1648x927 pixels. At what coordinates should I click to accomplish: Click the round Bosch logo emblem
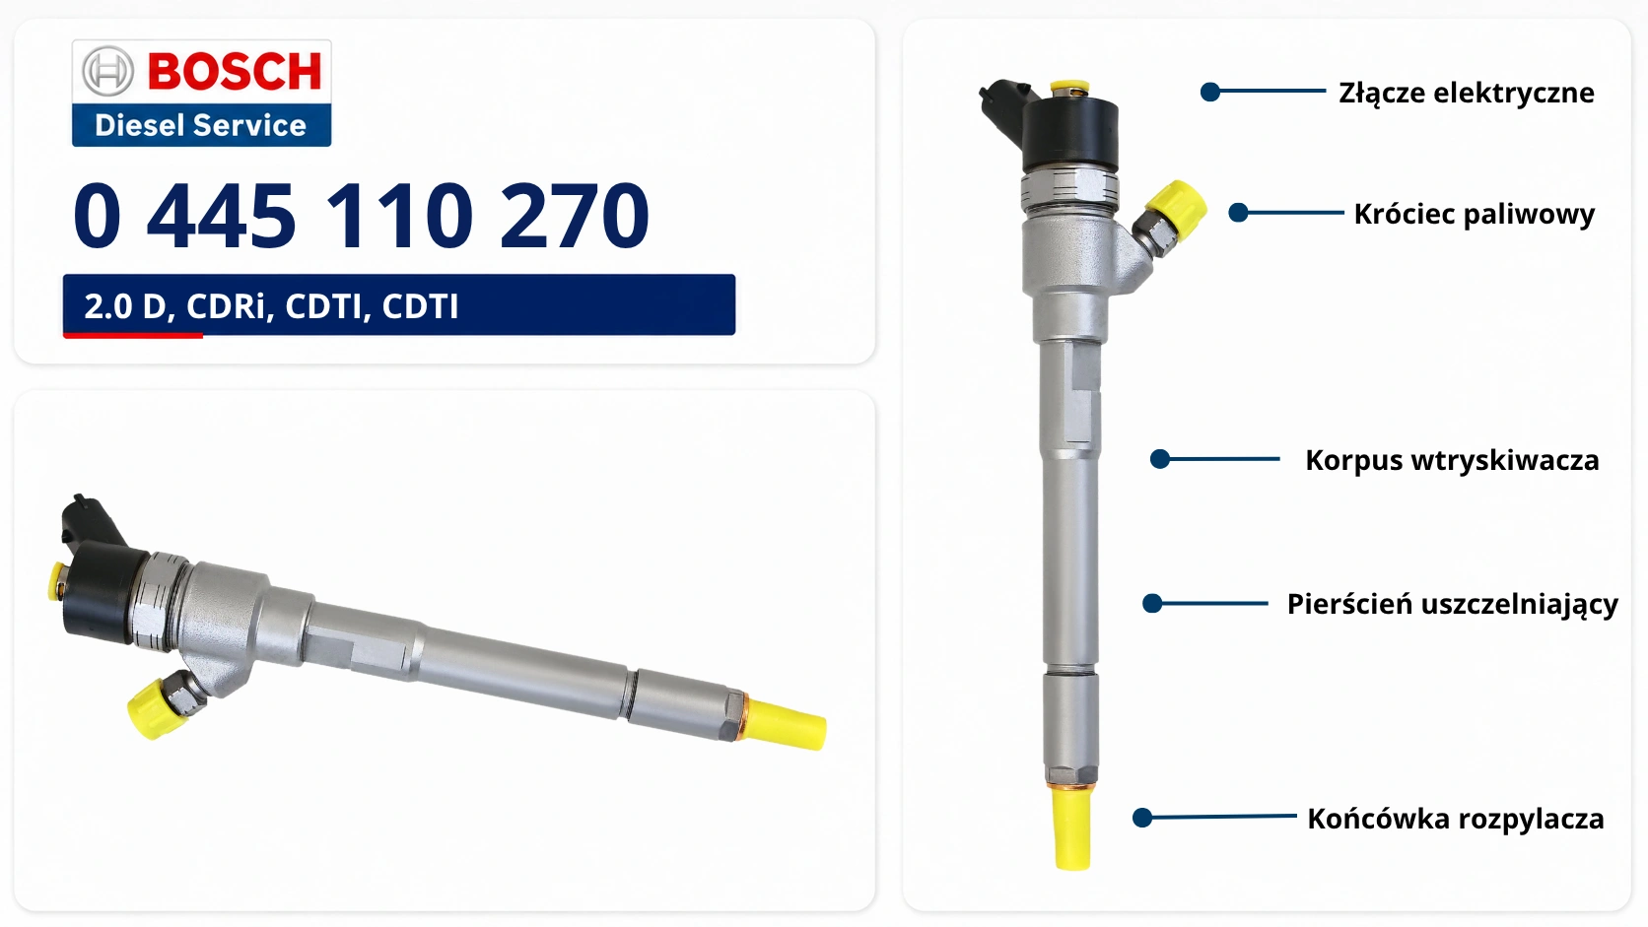click(107, 71)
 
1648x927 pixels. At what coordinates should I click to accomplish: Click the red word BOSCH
click(235, 71)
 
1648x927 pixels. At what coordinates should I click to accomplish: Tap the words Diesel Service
click(200, 125)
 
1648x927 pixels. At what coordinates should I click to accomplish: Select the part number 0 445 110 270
click(361, 216)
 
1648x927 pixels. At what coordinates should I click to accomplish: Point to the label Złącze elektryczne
click(1467, 93)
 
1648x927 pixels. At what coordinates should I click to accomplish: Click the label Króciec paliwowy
click(1475, 214)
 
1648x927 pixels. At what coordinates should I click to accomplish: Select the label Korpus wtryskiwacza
click(1452, 460)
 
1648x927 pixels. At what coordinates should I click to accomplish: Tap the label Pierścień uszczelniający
click(1452, 604)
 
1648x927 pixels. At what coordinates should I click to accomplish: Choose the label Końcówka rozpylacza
click(1455, 819)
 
